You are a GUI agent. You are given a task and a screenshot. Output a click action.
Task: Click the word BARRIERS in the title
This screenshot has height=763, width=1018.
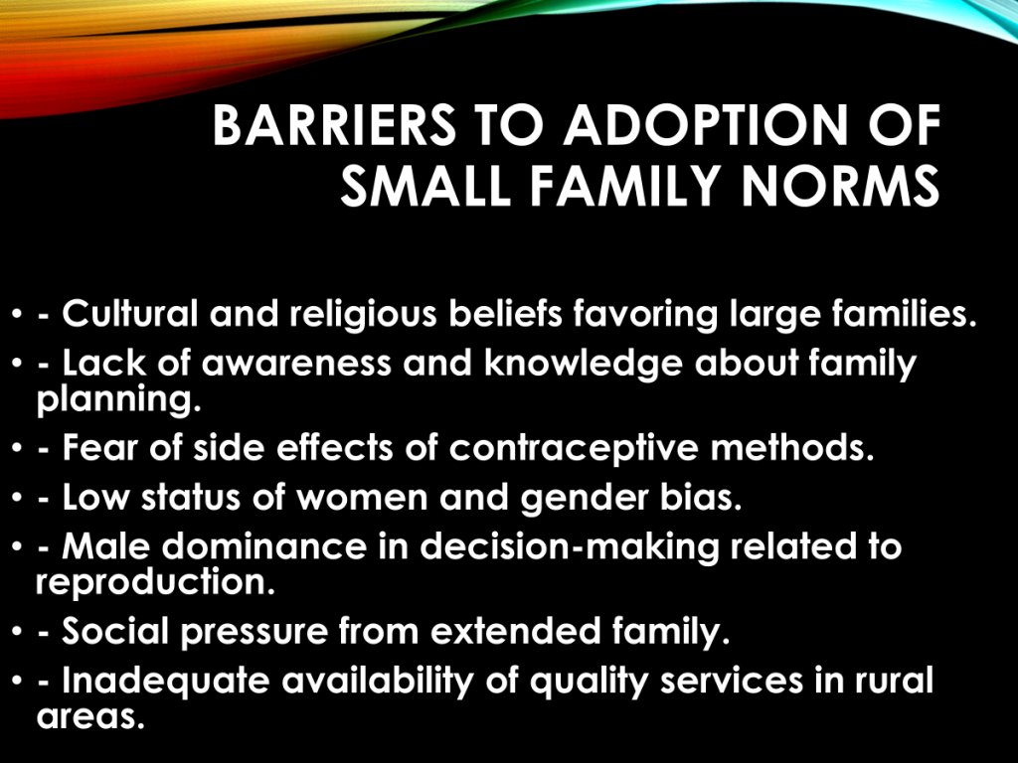tap(334, 125)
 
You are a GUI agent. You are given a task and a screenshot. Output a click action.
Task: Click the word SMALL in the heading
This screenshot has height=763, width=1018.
tap(425, 186)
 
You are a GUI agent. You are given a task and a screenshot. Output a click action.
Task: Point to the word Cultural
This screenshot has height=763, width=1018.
tap(130, 313)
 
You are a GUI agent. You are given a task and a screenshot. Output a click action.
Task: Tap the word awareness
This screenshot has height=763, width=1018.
tap(296, 364)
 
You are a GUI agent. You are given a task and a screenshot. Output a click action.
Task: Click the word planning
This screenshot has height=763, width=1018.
tap(119, 400)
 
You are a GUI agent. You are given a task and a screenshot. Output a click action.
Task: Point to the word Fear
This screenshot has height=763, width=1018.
tap(100, 448)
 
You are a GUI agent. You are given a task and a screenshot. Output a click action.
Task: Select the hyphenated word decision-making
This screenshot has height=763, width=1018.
tap(570, 548)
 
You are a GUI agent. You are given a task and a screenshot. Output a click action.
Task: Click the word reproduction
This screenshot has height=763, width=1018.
tap(155, 582)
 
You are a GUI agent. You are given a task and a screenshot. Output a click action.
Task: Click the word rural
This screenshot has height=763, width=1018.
tap(894, 681)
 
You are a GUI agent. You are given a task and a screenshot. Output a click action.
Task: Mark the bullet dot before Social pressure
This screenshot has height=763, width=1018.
tap(17, 631)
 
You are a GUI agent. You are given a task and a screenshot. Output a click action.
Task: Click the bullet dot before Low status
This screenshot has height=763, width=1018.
tap(17, 498)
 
